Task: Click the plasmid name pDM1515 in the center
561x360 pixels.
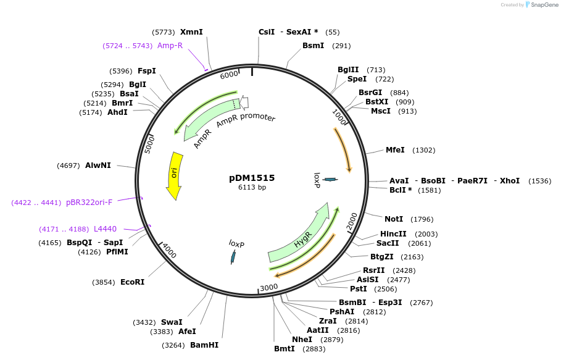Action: tap(252, 178)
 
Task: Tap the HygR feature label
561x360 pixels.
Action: tap(302, 240)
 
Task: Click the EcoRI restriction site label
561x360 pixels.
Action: tap(132, 282)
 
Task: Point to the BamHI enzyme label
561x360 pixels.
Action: tap(204, 345)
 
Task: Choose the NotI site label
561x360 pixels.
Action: tap(394, 219)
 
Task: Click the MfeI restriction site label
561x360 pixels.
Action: tap(395, 150)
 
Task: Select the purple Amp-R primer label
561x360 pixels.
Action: tap(170, 46)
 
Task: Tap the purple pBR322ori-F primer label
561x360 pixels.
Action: tap(89, 203)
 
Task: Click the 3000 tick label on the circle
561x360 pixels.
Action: tap(268, 288)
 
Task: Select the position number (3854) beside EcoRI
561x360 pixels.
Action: tap(104, 282)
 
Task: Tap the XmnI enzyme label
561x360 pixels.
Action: tap(191, 32)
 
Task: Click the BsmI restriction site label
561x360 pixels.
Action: tap(313, 46)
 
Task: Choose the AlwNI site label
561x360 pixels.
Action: tap(98, 165)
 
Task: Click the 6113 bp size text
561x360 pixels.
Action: tap(252, 187)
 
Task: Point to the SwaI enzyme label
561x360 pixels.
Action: tap(172, 322)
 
